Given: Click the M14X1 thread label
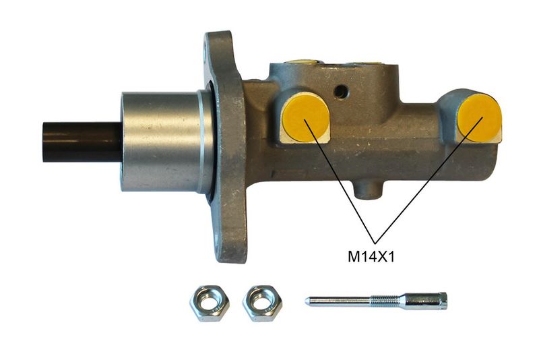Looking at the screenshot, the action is (371, 257).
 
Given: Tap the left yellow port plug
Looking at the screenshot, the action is (305, 117).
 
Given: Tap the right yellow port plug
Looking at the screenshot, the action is (479, 117).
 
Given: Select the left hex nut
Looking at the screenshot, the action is (210, 303).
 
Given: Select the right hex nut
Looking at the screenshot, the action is (262, 303).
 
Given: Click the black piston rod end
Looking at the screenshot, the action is (82, 142).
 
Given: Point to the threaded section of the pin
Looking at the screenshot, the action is (385, 300).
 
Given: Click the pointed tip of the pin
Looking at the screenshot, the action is (306, 301).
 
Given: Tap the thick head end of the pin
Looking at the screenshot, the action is (426, 301).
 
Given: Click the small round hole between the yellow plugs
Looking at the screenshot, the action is (341, 91).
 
